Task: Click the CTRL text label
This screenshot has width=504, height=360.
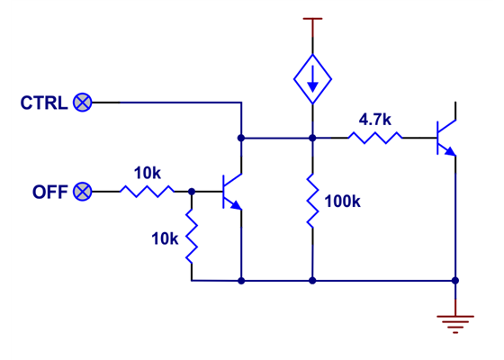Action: [x=43, y=103]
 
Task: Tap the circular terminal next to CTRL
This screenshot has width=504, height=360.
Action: [x=83, y=103]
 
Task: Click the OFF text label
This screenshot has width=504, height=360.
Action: [x=49, y=192]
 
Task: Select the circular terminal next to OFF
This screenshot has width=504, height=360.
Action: [x=83, y=192]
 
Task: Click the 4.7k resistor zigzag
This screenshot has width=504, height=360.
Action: [x=375, y=138]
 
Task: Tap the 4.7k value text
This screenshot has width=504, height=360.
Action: [x=375, y=119]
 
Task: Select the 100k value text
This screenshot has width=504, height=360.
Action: [x=342, y=202]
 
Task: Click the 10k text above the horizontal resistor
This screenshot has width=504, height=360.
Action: [x=148, y=172]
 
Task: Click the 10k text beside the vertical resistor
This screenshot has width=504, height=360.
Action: [x=165, y=238]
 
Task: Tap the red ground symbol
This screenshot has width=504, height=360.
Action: [x=455, y=319]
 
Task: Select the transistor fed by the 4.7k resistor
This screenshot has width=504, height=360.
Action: [x=445, y=138]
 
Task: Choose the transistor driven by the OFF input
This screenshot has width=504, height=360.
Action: [x=232, y=192]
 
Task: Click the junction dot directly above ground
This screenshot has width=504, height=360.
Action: [x=455, y=280]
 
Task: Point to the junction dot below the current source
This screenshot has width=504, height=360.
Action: [x=312, y=138]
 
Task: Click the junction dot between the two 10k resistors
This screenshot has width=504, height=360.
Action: [x=192, y=192]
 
